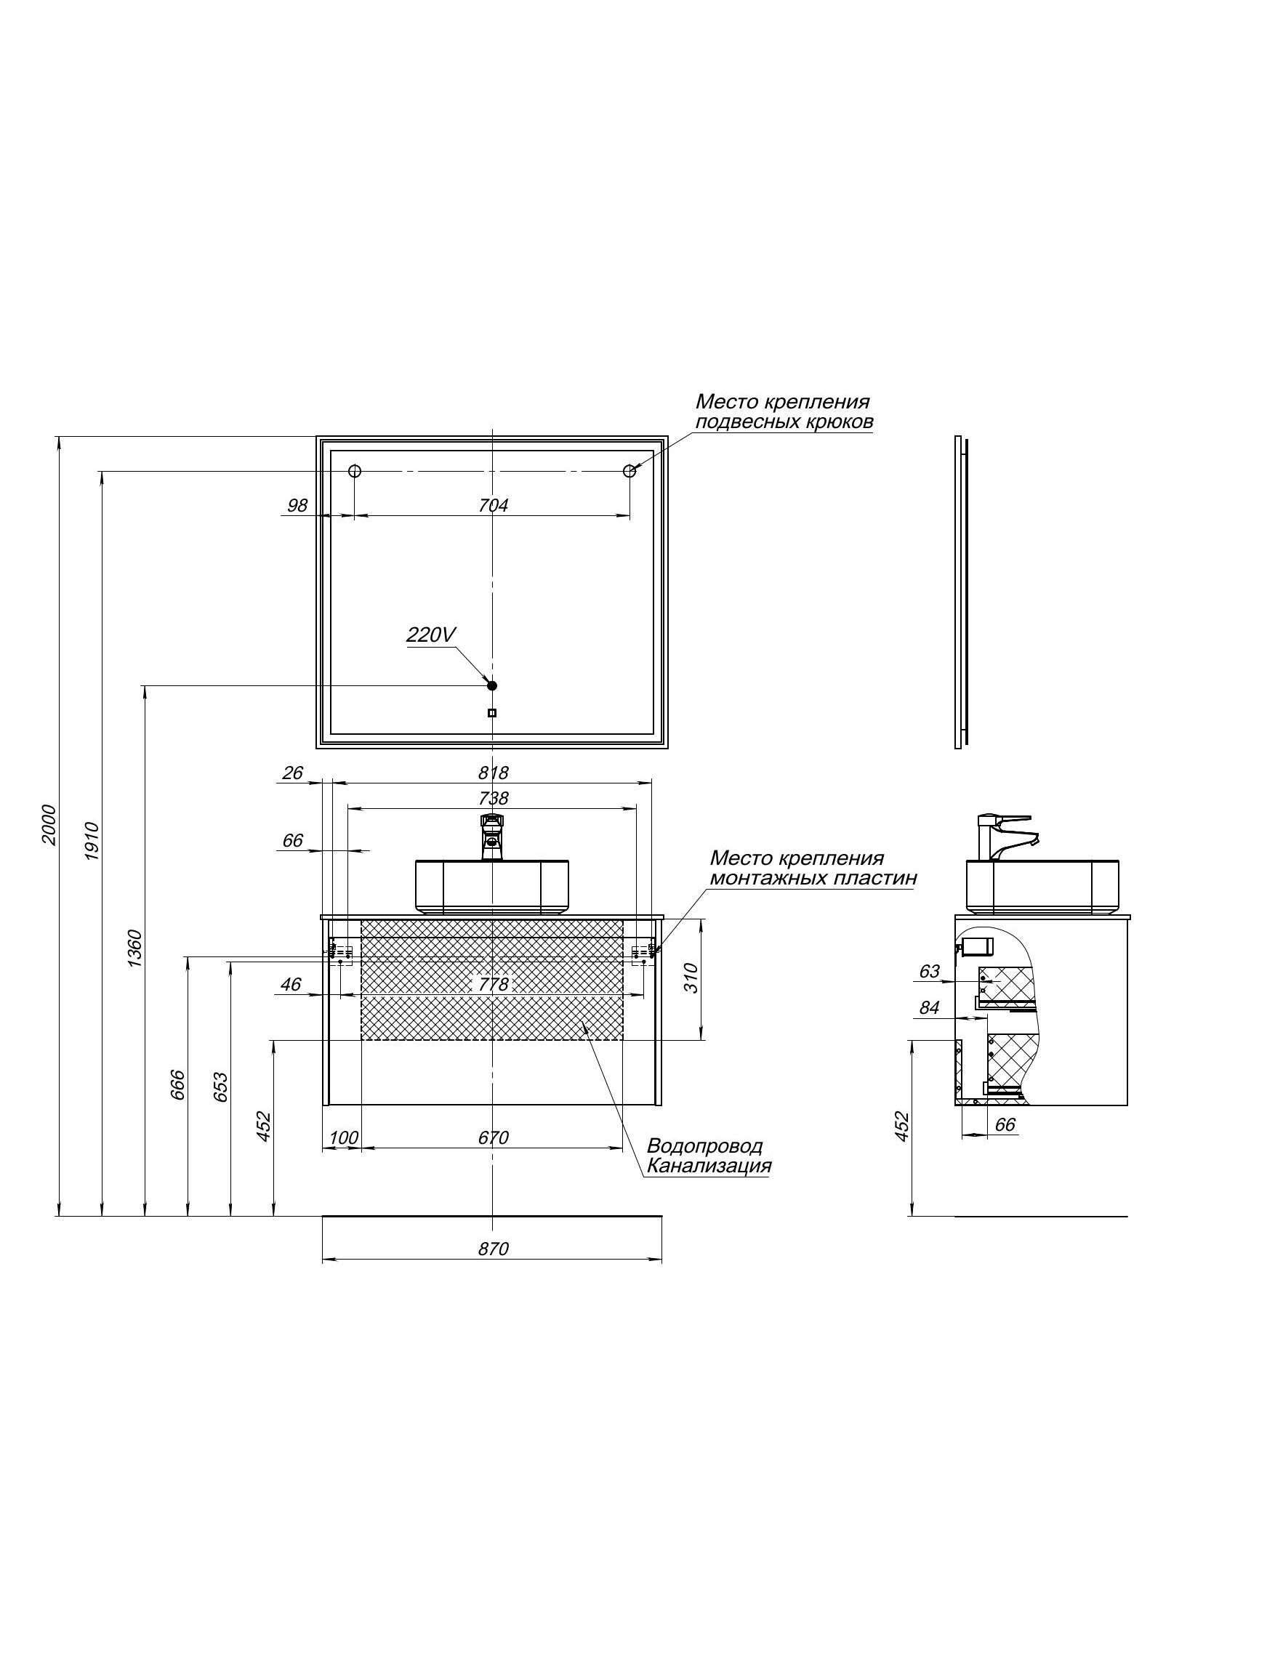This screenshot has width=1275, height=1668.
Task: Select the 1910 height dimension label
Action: tap(91, 840)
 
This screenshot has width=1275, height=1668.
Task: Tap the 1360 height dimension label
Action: tap(134, 948)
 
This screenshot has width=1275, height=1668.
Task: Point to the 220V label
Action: tap(430, 634)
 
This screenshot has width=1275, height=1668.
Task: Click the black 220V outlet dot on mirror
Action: tap(492, 685)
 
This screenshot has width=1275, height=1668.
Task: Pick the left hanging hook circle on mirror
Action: tap(355, 471)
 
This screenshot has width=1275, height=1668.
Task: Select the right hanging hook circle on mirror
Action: tap(630, 471)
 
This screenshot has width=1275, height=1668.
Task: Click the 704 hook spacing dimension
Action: tap(494, 505)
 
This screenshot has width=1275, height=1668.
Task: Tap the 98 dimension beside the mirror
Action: tap(297, 505)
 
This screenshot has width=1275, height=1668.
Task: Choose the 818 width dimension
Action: tap(494, 773)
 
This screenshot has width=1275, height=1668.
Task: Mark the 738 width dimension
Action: tap(494, 798)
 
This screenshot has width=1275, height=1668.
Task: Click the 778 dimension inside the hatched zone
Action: tap(494, 984)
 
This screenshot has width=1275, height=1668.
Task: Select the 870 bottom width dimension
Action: tap(494, 1249)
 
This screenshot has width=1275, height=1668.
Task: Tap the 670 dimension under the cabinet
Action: tap(494, 1137)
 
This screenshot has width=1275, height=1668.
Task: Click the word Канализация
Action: tap(709, 1166)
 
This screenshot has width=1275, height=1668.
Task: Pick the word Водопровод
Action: tap(704, 1146)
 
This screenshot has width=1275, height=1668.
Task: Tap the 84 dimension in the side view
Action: tap(929, 1008)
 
